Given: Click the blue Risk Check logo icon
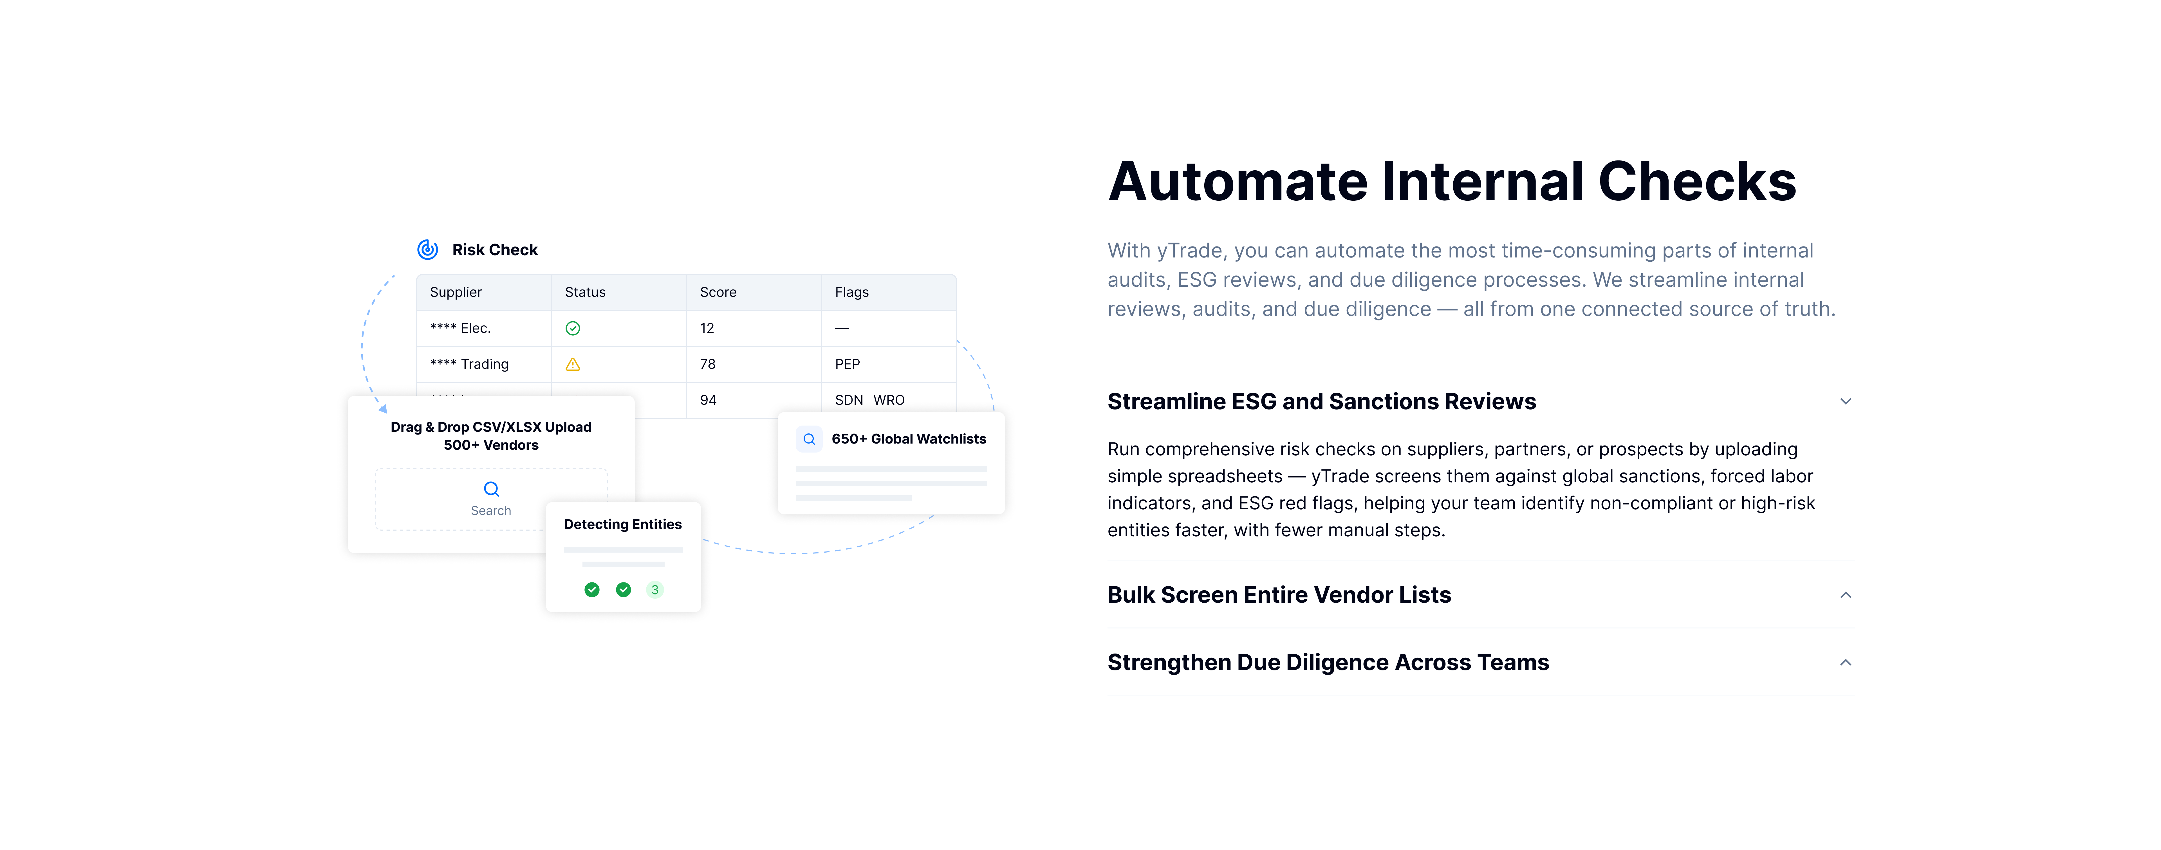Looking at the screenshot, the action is point(428,249).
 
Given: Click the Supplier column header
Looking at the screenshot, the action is point(456,292).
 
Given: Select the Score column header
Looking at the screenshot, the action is point(718,292).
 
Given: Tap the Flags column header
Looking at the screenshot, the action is point(851,292).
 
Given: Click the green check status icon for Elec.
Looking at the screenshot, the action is point(573,328).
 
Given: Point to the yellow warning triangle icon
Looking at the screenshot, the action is point(573,364).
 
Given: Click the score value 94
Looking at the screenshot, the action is point(708,400).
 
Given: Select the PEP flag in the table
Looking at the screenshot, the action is point(847,364).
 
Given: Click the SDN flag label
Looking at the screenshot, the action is point(849,400).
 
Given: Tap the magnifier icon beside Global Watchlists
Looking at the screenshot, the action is point(809,438).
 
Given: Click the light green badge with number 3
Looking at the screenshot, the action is point(655,589).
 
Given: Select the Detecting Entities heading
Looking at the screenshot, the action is point(622,524).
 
